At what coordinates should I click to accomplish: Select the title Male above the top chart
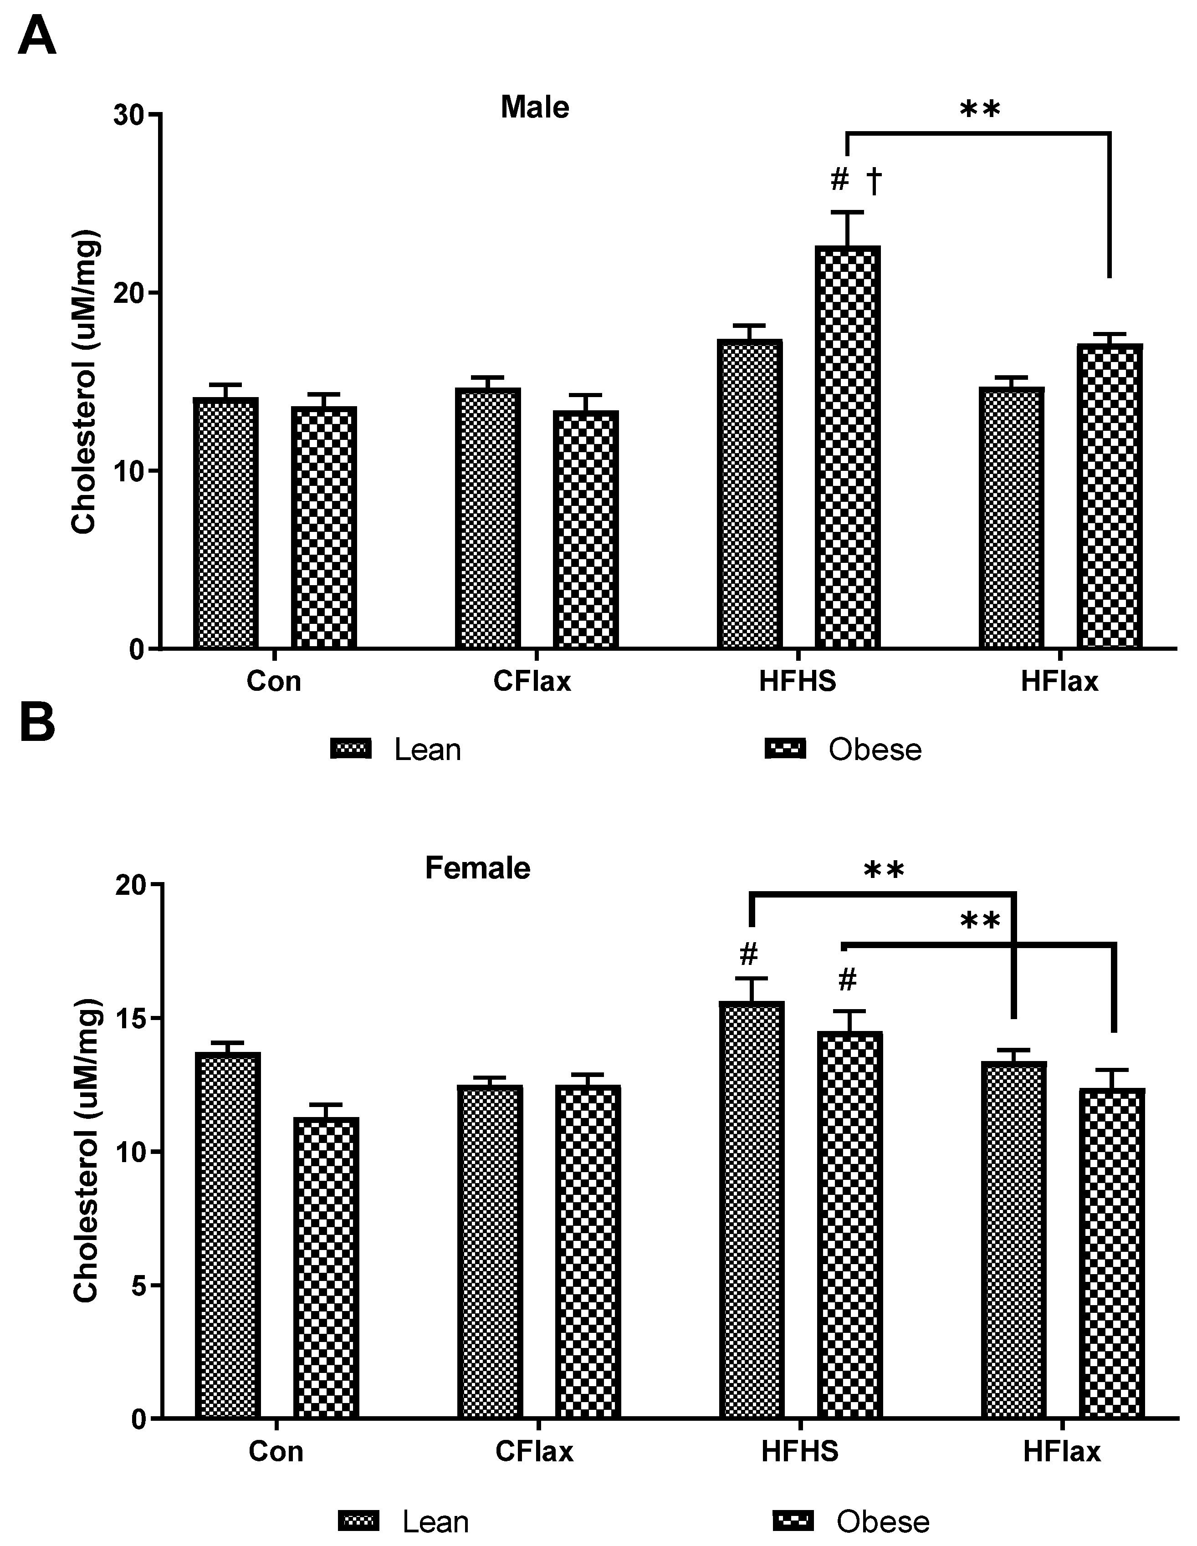click(x=534, y=107)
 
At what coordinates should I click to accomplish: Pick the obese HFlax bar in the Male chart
click(x=1109, y=495)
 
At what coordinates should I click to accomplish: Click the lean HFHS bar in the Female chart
click(x=751, y=1210)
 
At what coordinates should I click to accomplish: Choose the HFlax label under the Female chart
click(x=1061, y=1452)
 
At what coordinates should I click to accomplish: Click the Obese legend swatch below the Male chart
click(x=785, y=749)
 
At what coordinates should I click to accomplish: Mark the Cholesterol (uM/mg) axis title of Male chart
click(x=84, y=382)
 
